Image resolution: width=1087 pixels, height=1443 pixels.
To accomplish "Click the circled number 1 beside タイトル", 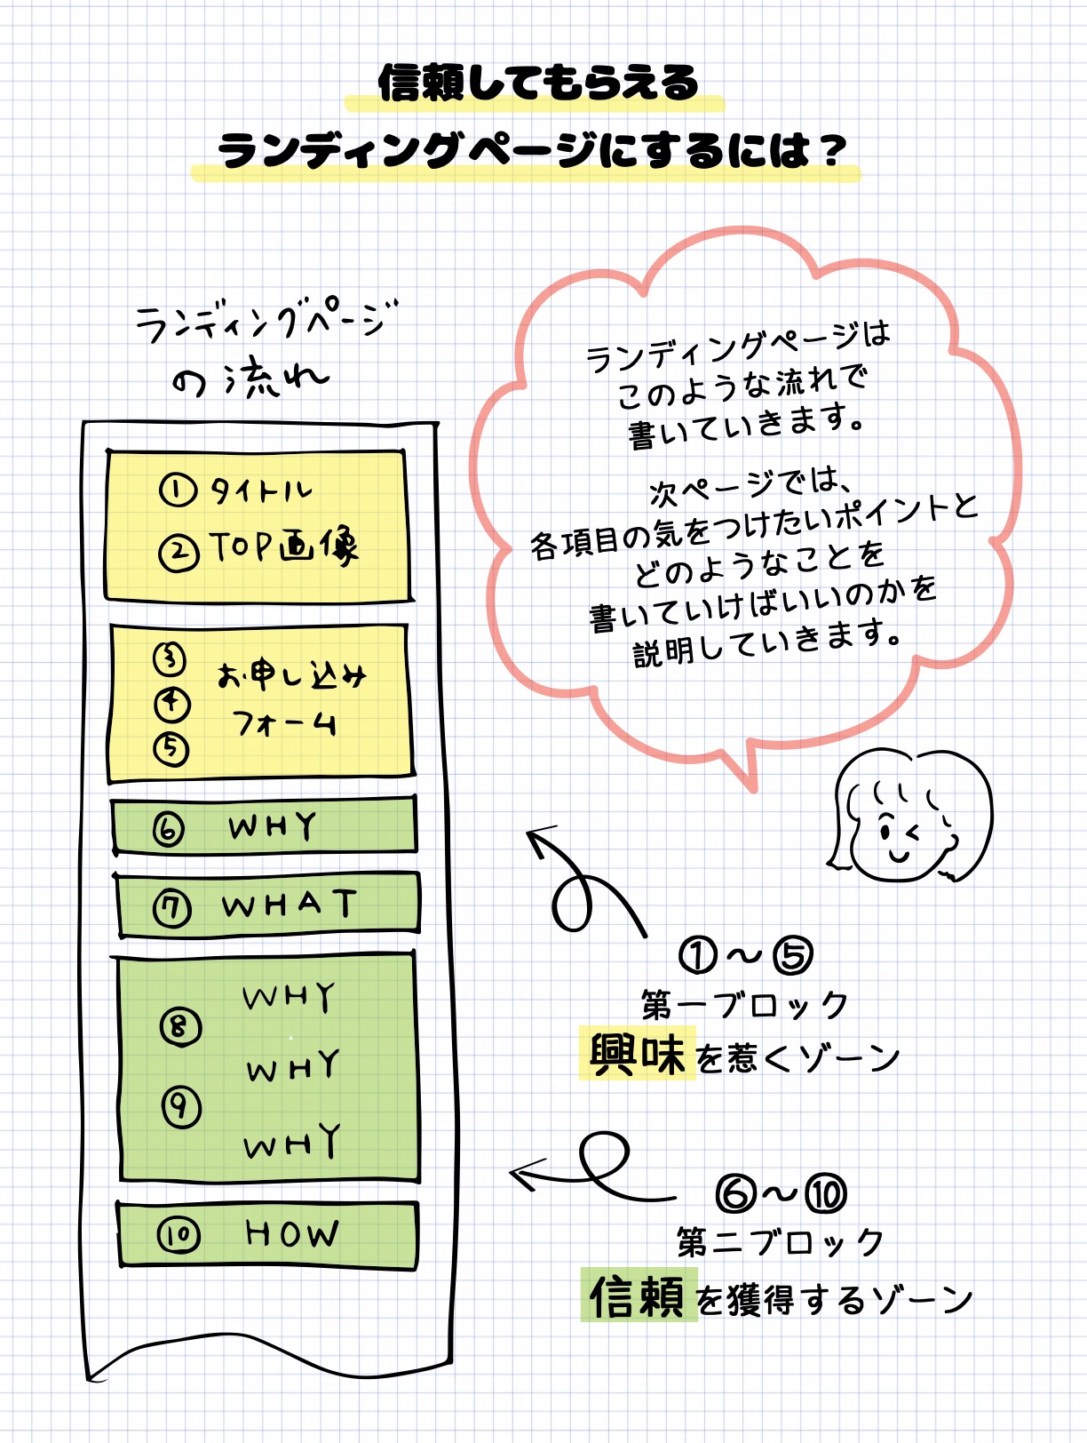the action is pyautogui.click(x=178, y=490).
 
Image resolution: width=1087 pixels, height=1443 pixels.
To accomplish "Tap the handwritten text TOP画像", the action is pyautogui.click(x=283, y=547).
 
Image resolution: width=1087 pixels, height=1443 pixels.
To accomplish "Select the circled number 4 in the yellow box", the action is pyautogui.click(x=172, y=704).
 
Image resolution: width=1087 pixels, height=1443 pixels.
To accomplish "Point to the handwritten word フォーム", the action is pyautogui.click(x=284, y=724).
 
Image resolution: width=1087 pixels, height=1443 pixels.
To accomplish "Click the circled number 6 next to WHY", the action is pyautogui.click(x=169, y=830).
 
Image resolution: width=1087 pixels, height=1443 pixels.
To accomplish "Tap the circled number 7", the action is pyautogui.click(x=172, y=909).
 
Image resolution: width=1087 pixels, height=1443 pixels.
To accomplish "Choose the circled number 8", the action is pyautogui.click(x=180, y=1027).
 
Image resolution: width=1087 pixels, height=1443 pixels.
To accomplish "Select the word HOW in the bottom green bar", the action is pyautogui.click(x=292, y=1233).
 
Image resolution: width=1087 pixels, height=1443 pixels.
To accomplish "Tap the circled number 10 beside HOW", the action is pyautogui.click(x=178, y=1235).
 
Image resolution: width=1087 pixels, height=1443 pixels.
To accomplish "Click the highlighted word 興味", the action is pyautogui.click(x=637, y=1055).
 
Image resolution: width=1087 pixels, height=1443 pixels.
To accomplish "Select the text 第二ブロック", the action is pyautogui.click(x=781, y=1242).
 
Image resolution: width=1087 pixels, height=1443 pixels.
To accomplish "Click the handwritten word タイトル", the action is pyautogui.click(x=261, y=490).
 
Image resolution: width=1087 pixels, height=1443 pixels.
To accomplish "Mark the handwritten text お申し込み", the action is pyautogui.click(x=291, y=676).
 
